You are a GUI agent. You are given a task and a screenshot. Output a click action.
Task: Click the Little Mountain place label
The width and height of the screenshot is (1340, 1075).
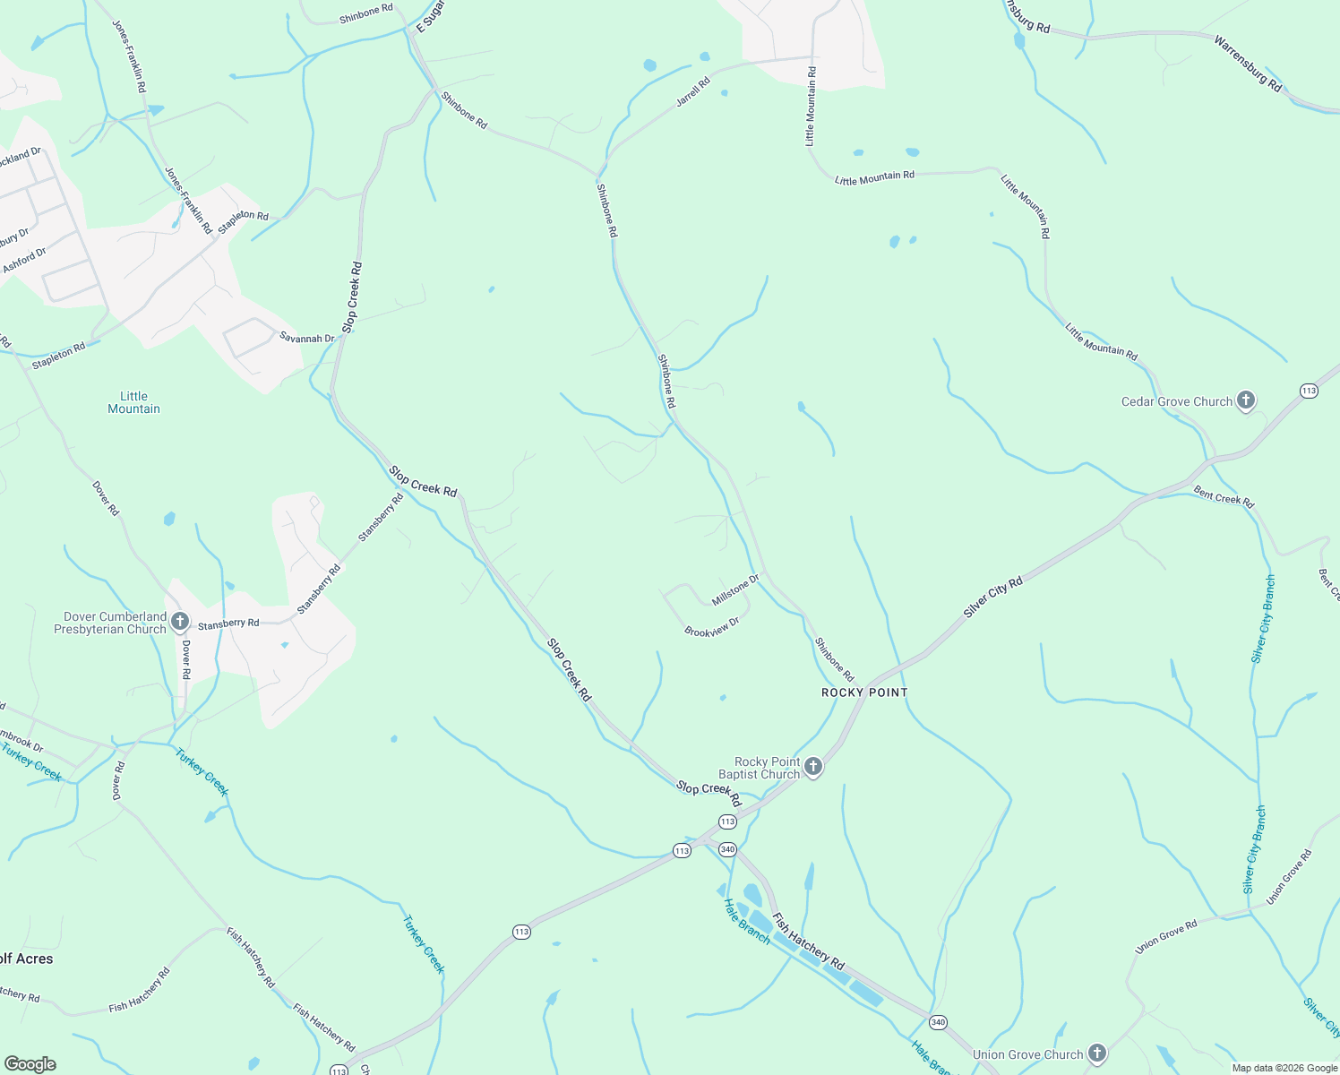[133, 402]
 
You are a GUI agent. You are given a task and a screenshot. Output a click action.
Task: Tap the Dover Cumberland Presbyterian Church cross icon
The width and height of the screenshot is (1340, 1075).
[179, 621]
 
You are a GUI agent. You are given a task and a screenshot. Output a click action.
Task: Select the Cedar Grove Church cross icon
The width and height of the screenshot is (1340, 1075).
[1245, 400]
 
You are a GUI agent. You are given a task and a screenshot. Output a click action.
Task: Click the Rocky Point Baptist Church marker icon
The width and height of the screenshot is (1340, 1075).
[812, 767]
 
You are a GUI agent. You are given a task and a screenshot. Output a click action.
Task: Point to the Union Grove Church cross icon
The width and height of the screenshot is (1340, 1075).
[1096, 1053]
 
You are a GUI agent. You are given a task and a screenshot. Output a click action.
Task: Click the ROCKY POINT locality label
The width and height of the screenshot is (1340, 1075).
[864, 692]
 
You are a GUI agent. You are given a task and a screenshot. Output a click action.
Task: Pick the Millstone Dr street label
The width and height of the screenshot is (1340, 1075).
[735, 589]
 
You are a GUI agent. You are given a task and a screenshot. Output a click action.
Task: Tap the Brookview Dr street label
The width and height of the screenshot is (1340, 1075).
[712, 627]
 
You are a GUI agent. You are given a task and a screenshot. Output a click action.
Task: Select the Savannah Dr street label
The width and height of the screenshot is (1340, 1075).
[306, 338]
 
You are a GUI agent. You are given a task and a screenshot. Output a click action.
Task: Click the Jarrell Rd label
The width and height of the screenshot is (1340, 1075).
[692, 92]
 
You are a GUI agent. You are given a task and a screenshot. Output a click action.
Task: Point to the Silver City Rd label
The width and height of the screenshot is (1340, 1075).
[992, 598]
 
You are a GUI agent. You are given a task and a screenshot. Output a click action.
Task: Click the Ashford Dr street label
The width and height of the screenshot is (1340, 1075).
[24, 261]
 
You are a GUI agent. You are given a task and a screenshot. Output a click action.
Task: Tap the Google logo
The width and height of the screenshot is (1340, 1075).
[30, 1064]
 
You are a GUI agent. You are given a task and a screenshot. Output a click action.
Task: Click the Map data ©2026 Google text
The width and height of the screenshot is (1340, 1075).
[1284, 1068]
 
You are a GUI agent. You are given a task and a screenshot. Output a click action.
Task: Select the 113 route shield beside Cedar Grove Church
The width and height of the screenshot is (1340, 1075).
[1309, 391]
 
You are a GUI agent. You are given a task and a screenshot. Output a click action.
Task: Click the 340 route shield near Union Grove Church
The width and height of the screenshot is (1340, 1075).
[938, 1022]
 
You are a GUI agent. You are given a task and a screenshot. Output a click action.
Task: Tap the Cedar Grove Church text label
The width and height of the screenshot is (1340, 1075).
[1177, 401]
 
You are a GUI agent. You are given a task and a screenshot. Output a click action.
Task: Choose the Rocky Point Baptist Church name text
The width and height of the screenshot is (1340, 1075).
[760, 768]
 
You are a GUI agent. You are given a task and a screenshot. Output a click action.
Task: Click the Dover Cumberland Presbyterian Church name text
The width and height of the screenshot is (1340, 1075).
[110, 623]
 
